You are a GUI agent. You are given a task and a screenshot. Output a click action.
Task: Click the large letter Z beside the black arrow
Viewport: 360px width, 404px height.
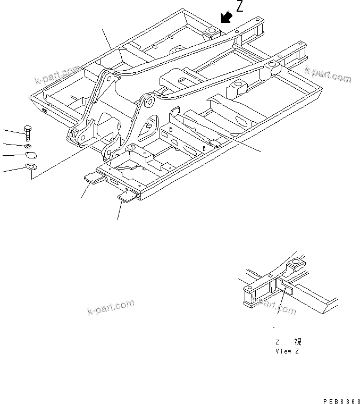240,7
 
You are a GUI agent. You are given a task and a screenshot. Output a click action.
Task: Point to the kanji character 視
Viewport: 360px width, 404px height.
297,343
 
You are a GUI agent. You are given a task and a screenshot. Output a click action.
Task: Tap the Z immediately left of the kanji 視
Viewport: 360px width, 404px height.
277,343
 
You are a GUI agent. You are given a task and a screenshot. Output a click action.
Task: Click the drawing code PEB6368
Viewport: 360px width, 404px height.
340,399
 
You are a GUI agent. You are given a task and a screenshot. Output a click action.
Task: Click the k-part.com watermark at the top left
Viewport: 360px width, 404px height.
57,75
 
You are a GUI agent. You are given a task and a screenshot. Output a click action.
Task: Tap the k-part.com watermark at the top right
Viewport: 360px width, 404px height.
328,74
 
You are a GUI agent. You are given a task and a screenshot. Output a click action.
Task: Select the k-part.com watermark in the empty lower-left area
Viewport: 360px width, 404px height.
111,308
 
